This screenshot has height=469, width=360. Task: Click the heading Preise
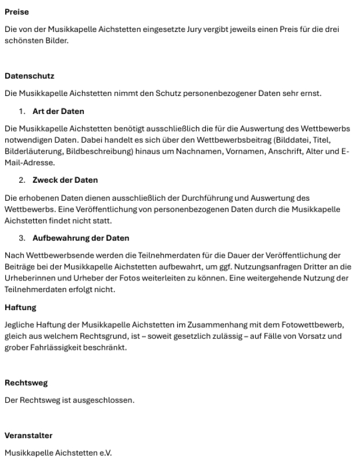pyautogui.click(x=16, y=12)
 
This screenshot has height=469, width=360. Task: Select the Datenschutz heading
pyautogui.click(x=29, y=76)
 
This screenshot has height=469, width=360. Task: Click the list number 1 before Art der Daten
pyautogui.click(x=22, y=111)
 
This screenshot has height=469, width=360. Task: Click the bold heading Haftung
pyautogui.click(x=20, y=307)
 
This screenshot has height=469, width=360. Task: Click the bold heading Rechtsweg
pyautogui.click(x=26, y=383)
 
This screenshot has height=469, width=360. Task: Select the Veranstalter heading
pyautogui.click(x=28, y=435)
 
